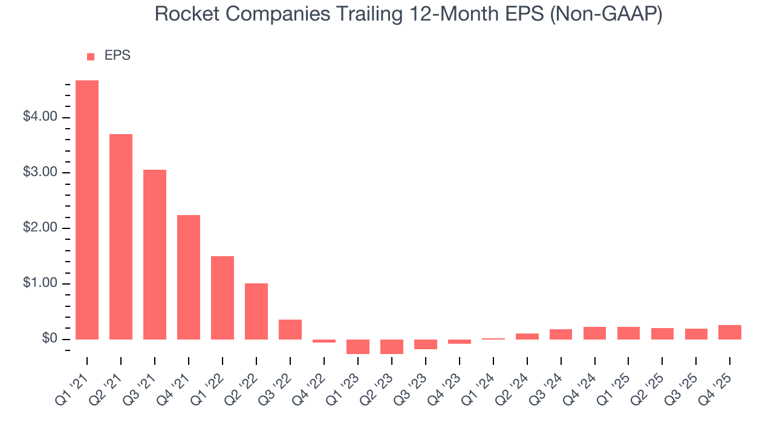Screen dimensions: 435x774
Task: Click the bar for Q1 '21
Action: pos(87,210)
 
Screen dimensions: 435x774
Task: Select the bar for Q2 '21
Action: pos(121,236)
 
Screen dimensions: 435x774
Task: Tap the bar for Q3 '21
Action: pos(155,254)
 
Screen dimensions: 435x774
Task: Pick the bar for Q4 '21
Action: pos(189,277)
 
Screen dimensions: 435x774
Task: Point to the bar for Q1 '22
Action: pos(223,297)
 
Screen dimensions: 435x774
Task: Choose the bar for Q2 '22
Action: pos(256,311)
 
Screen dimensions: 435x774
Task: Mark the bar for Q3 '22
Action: pos(290,329)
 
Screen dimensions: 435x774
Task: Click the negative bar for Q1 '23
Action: pos(358,347)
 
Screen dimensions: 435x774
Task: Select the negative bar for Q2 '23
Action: pos(392,347)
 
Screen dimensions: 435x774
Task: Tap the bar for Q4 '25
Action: pos(730,332)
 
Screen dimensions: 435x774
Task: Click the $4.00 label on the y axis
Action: pos(40,117)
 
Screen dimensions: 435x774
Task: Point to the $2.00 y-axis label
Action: pos(40,228)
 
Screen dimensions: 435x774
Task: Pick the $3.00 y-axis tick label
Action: pos(40,173)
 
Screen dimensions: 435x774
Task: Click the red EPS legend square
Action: pos(91,56)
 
